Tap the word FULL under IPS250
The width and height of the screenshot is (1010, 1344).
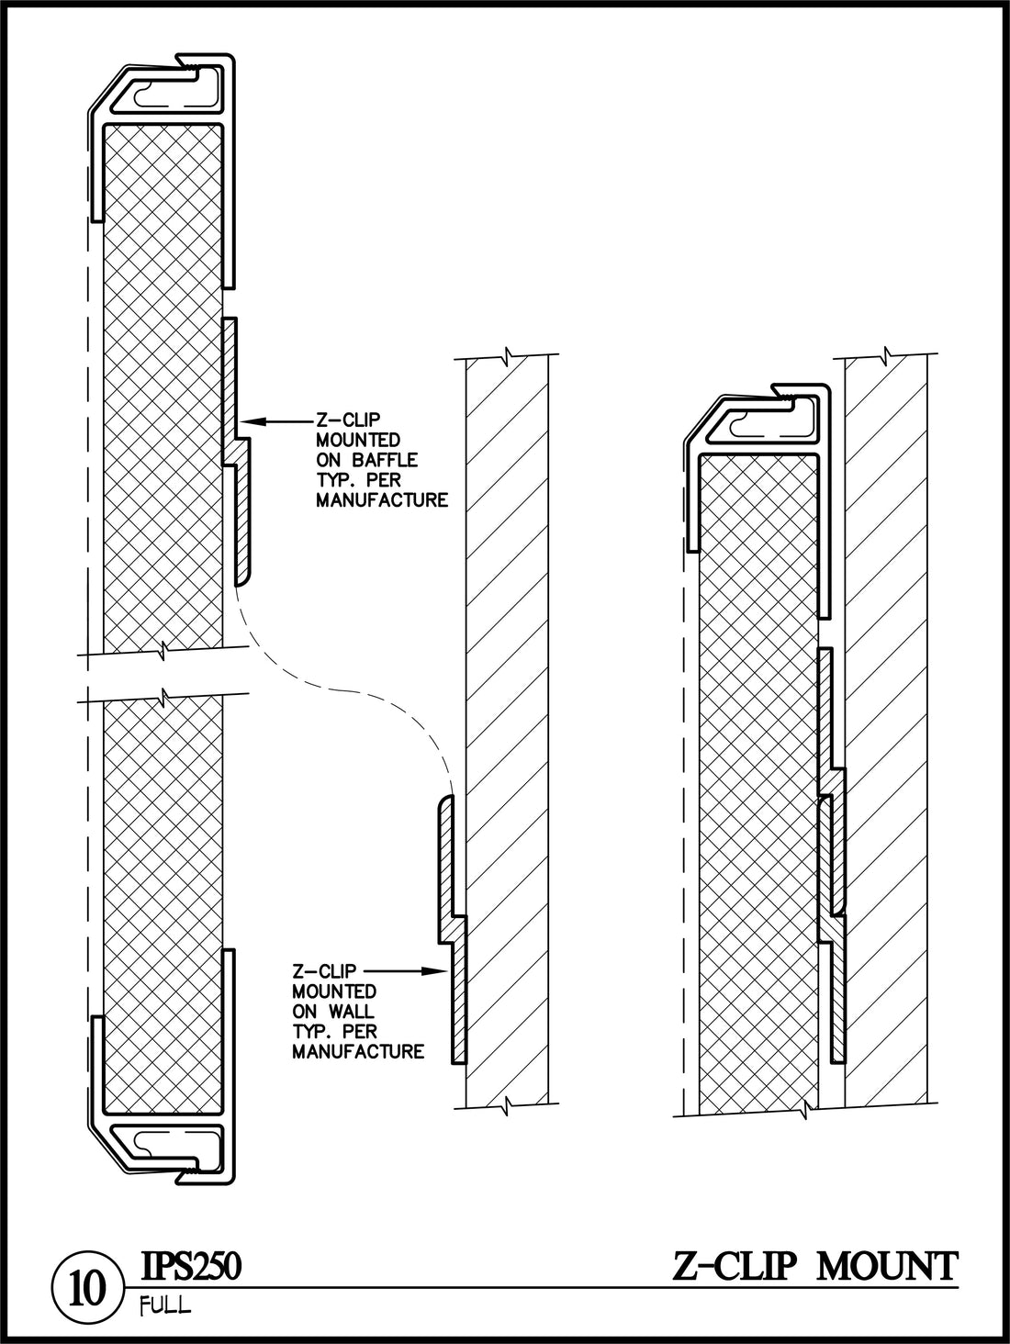point(165,1307)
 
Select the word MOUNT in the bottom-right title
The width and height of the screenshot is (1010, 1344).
point(887,1267)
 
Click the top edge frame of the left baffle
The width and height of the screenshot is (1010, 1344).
point(165,92)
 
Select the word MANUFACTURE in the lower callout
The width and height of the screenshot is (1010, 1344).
point(358,1052)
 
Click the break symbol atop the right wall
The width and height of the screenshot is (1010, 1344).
point(886,354)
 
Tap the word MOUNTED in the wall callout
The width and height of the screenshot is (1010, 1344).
point(334,991)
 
